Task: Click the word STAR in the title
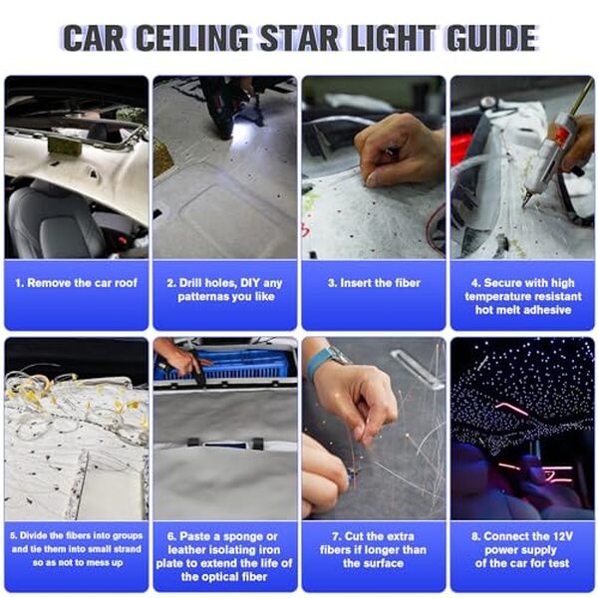click(x=300, y=38)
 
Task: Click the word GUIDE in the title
click(x=492, y=38)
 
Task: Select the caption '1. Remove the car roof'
click(x=77, y=283)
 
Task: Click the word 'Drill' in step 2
click(x=190, y=283)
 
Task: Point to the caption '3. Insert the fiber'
click(x=374, y=283)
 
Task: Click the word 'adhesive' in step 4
click(x=546, y=310)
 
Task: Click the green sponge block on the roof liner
click(x=64, y=147)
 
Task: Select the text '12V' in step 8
click(x=561, y=536)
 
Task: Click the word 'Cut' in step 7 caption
click(x=354, y=536)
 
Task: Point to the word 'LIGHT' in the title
click(x=393, y=38)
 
